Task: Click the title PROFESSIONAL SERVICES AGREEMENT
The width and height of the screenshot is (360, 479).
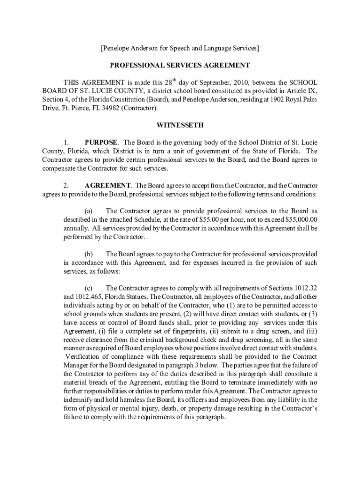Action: point(180,65)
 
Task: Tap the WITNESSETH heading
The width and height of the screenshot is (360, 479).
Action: point(180,125)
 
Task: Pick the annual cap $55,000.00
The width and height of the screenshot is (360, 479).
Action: point(299,220)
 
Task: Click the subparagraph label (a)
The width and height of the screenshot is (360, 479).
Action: point(88,211)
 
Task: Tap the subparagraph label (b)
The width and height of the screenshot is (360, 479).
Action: point(88,254)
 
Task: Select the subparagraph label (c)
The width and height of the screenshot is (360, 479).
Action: point(88,288)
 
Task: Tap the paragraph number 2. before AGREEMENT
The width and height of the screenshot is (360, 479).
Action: point(66,185)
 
